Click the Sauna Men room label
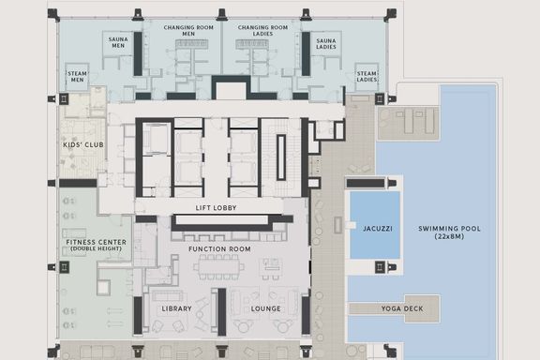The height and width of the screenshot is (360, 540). coord(118,42)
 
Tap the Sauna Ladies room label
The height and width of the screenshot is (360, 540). coord(326,44)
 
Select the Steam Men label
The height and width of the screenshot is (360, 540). coord(77,77)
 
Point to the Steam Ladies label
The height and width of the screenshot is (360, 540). coord(367,77)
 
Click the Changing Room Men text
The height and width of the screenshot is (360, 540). coord(188,30)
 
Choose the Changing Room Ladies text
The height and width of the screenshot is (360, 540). coord(262,30)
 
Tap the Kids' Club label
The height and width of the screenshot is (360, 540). coord(83,144)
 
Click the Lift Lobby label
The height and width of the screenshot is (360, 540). coord(216,208)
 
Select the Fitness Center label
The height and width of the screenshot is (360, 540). coord(96,242)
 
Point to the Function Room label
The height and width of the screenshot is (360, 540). coord(219,248)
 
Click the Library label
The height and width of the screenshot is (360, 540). coord(176,308)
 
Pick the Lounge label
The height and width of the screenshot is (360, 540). coord(265,308)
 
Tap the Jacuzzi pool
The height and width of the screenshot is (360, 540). coord(375,225)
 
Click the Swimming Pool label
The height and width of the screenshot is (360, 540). coord(449,229)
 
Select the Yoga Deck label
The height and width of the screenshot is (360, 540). coord(402,308)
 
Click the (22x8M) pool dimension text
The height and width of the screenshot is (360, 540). coord(449,236)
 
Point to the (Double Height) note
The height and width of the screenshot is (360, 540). coord(96,248)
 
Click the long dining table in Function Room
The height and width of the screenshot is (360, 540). coord(219,266)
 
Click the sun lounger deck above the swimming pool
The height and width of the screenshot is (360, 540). coord(409,123)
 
